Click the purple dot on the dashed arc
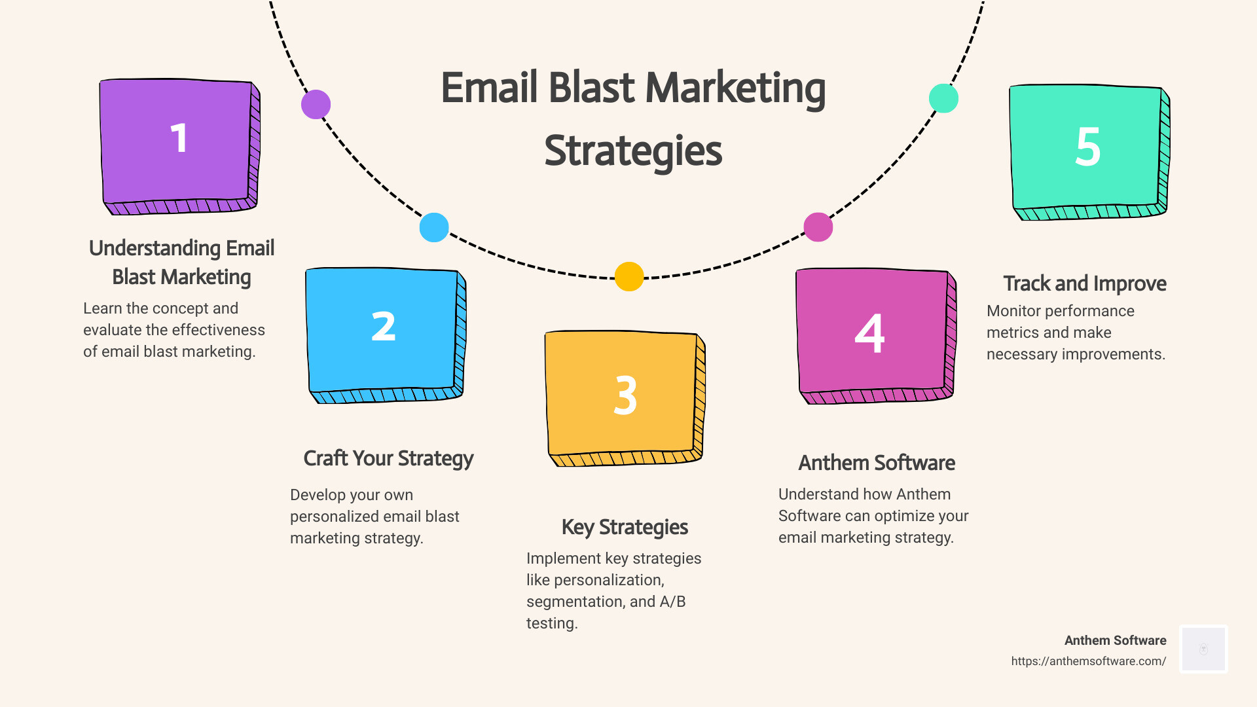316,105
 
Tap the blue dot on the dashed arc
434,228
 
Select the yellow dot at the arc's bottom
629,276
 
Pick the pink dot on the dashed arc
818,227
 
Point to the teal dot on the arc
943,98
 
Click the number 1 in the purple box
179,138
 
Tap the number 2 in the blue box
384,327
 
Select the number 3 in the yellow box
625,395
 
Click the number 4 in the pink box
869,334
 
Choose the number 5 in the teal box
1087,147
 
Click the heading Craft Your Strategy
388,458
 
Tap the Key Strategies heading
625,527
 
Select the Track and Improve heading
1085,283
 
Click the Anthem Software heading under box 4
877,463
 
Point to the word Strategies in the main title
633,151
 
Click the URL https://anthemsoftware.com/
1088,661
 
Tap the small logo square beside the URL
1203,649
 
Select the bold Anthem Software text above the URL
1115,640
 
